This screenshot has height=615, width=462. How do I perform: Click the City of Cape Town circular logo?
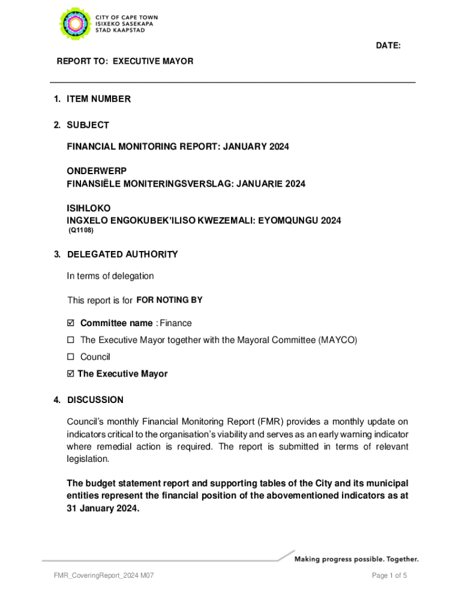coord(74,25)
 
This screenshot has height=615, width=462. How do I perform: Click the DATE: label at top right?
coord(388,46)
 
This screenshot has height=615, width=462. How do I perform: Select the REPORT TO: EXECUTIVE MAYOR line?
coord(125,61)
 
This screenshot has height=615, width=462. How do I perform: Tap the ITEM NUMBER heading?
coord(98,99)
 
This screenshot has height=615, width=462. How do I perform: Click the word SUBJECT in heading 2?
coord(88,125)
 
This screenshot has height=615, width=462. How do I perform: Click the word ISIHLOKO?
coord(88,208)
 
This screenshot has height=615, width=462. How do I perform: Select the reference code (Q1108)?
coord(81,230)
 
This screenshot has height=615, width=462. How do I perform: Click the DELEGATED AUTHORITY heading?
coord(122,254)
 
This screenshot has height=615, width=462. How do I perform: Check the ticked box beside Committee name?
coord(71,323)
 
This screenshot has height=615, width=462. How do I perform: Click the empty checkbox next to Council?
coord(71,357)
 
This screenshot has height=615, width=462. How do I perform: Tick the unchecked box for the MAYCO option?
coord(71,340)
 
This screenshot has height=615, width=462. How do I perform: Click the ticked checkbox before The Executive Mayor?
coord(71,374)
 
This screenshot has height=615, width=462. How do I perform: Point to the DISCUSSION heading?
coord(95,400)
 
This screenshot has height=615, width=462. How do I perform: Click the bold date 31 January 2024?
coord(103,507)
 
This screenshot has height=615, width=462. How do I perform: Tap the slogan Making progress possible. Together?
coord(356,559)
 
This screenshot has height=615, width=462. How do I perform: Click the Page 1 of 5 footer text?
coord(389,576)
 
